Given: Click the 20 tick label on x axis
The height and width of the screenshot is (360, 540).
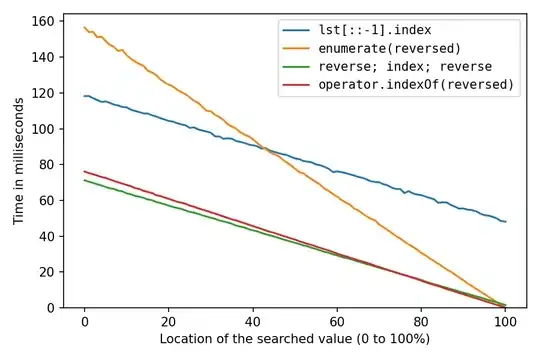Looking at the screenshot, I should pos(169,323).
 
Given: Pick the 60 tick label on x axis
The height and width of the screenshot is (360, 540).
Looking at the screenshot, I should pos(338,323).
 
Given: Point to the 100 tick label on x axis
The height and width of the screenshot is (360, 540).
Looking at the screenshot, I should pos(506,323).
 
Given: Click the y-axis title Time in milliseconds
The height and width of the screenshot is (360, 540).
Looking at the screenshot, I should pos(20,162).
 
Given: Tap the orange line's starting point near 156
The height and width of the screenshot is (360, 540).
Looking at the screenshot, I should pos(85,28).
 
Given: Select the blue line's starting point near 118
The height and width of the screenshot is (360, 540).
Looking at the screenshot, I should pos(85,96).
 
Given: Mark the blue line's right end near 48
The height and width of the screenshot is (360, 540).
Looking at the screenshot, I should pos(506,222).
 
